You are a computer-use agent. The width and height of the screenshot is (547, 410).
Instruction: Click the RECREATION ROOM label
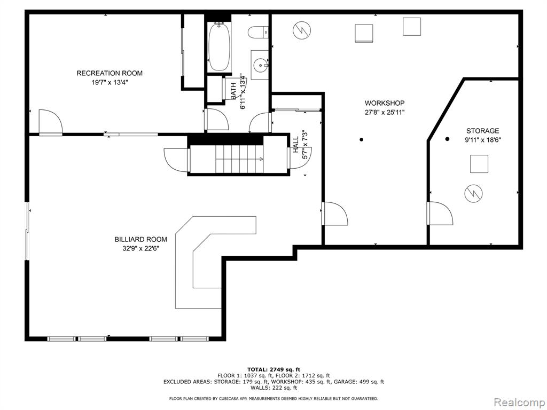(x=110, y=73)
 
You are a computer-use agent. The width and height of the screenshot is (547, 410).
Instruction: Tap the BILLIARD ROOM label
(x=140, y=240)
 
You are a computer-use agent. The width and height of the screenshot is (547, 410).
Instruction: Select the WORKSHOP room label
(x=385, y=103)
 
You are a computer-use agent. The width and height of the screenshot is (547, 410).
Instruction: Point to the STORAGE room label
(x=482, y=131)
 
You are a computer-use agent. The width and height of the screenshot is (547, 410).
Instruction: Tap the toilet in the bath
(x=258, y=33)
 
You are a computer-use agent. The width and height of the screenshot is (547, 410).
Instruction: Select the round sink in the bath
(x=260, y=65)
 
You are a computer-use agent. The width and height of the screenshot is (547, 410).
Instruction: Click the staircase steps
(x=239, y=159)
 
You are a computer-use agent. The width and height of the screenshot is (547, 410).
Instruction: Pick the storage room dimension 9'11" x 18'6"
(x=482, y=140)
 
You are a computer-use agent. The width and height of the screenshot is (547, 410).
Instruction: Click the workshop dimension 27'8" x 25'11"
(x=385, y=113)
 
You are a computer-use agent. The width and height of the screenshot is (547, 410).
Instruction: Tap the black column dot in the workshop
(x=362, y=139)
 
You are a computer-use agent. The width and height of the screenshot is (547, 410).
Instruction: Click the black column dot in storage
(x=447, y=139)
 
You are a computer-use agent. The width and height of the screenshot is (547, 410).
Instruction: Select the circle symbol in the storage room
(x=473, y=193)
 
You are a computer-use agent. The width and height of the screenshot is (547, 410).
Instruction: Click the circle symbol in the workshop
(x=302, y=30)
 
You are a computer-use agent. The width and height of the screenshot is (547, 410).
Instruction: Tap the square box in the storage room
(x=479, y=164)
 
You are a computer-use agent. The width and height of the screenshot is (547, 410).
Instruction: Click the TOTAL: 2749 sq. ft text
(x=273, y=369)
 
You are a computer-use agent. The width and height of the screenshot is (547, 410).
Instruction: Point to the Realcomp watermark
(x=519, y=403)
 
